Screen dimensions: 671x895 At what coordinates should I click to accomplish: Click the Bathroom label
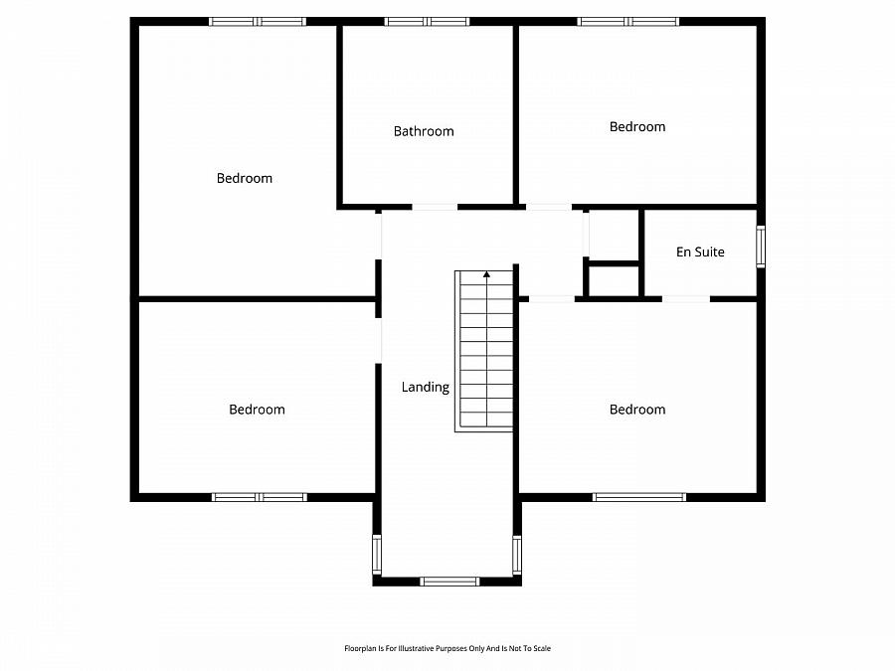pos(424,131)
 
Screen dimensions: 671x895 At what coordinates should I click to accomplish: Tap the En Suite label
pos(700,252)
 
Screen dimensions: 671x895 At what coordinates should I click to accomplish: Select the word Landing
pos(426,388)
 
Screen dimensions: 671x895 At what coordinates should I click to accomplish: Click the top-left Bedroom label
pos(245,179)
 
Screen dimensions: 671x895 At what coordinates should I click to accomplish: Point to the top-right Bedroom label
pos(637,127)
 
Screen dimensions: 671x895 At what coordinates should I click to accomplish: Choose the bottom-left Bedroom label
pos(257,410)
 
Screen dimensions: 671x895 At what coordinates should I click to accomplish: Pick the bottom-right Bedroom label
pos(637,410)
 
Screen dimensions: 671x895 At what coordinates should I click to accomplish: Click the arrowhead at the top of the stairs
pos(486,273)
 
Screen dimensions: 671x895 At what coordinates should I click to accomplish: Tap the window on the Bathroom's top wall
pos(427,21)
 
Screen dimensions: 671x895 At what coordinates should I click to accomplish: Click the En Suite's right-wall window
pos(761,247)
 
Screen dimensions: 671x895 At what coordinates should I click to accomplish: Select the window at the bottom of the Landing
pos(450,581)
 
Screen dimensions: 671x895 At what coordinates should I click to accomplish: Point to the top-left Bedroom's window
pos(257,21)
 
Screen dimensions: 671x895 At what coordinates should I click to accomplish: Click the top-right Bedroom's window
pos(627,21)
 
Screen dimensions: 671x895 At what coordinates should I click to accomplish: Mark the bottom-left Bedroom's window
pos(260,496)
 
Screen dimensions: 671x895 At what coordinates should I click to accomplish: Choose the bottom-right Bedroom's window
pos(639,496)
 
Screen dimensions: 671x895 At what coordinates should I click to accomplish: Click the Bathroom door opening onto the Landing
pos(435,207)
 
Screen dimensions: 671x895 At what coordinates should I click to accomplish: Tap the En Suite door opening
pos(686,298)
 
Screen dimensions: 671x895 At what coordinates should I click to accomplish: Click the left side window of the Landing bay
pos(377,554)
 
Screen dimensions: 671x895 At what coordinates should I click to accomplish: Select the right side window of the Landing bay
pos(517,554)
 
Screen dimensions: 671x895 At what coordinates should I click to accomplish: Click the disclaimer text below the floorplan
pos(447,648)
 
